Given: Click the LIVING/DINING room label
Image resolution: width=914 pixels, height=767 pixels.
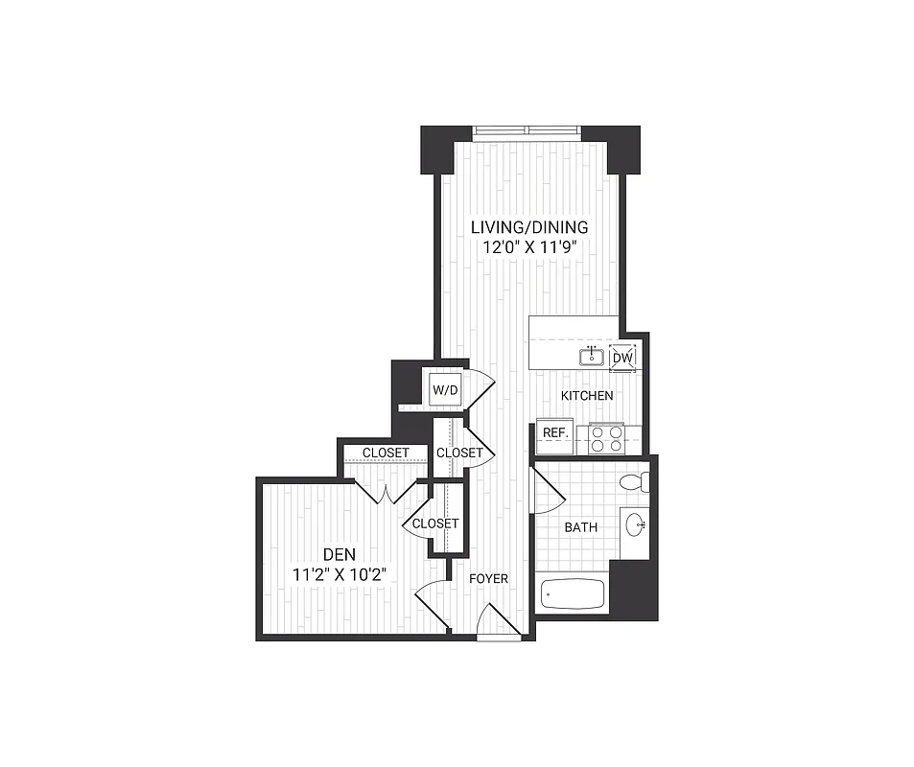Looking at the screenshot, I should click(528, 227).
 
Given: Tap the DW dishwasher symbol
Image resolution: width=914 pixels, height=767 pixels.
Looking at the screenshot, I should click(622, 358).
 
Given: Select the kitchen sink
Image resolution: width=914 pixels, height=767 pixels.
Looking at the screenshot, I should click(591, 358).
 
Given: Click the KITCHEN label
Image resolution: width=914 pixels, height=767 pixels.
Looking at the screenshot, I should click(587, 395).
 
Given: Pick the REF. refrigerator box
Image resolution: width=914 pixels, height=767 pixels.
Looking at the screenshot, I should click(555, 433).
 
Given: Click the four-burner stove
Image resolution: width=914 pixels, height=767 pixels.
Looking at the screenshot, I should click(605, 438).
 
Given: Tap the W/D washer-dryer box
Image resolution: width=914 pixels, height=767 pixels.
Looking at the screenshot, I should click(444, 390).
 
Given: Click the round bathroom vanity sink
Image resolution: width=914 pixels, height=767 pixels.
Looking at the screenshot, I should click(635, 524).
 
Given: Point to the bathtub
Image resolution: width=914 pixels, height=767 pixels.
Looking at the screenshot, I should click(573, 594).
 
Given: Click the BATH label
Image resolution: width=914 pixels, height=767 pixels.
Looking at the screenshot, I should click(580, 527).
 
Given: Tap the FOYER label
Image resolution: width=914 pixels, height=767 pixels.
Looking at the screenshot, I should click(488, 578).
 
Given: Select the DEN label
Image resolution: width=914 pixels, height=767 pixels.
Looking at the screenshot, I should click(340, 554).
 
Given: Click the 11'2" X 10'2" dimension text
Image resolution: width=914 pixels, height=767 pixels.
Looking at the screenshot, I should click(340, 575).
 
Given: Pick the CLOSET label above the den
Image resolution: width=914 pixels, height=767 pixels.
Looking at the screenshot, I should click(386, 453).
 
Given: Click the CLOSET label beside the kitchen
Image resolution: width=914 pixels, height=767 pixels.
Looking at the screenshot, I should click(459, 453).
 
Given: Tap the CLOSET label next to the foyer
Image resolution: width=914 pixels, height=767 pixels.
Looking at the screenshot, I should click(434, 523).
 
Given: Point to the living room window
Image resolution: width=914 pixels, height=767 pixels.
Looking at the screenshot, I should click(527, 131).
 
